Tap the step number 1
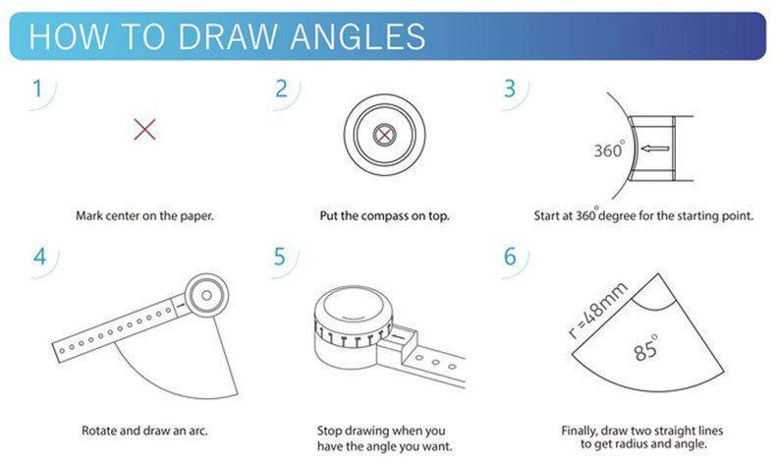37,88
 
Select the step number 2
282,88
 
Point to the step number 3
510,88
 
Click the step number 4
39,257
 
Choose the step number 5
281,257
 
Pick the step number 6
510,257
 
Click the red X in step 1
144,129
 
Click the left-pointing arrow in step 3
654,149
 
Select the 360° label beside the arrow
609,150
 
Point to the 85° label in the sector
645,349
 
